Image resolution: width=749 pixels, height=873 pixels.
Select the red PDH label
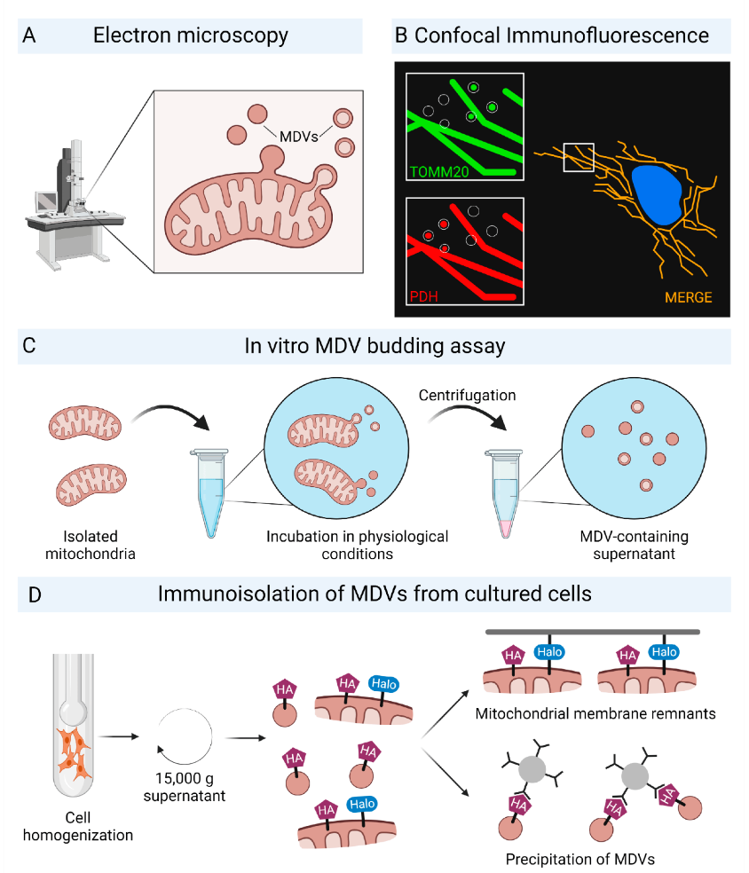tap(423, 294)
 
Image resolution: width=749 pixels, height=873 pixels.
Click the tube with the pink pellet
tap(505, 492)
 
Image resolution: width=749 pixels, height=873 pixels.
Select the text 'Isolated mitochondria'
tap(90, 545)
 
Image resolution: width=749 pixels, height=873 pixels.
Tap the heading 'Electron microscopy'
tap(192, 35)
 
